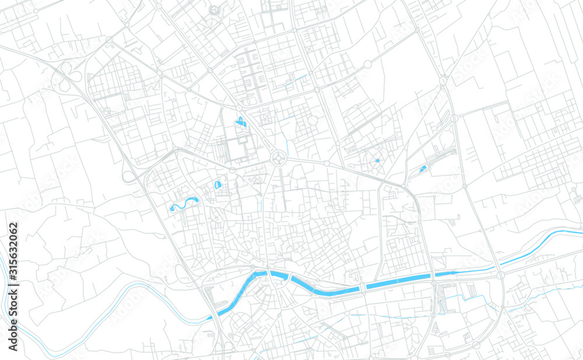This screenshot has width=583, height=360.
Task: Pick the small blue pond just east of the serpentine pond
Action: (217, 184)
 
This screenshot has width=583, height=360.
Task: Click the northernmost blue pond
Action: (240, 122)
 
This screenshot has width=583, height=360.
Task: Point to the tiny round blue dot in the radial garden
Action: (377, 160)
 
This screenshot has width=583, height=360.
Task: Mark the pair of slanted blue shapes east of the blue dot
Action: (423, 169)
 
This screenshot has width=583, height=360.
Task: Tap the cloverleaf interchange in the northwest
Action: (68, 77)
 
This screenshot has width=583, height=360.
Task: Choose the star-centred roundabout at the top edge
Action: (214, 10)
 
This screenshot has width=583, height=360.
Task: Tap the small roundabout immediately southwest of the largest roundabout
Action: (232, 170)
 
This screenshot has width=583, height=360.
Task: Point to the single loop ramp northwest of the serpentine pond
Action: (127, 176)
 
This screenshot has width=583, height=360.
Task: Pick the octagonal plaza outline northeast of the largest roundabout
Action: (313, 121)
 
